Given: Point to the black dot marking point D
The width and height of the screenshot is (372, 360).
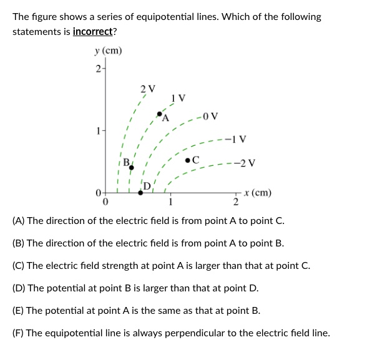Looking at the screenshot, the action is [140, 193].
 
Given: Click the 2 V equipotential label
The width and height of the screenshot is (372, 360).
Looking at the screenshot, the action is [147, 87].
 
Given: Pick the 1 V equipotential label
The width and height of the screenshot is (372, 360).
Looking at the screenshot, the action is [178, 98].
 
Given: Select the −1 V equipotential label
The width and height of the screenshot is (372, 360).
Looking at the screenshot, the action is [238, 139].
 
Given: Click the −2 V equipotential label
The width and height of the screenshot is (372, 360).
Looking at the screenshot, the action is [246, 164].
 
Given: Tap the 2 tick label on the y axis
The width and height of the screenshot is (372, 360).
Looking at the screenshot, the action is [97, 68].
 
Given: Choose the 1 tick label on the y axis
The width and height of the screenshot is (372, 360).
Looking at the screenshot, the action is [97, 131].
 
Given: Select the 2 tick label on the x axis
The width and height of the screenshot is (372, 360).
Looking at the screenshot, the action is [236, 202].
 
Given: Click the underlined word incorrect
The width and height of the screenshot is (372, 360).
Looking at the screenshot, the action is [94, 31].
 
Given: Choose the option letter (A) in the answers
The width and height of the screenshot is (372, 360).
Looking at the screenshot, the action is [19, 221].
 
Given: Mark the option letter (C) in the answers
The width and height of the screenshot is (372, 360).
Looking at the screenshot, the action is [19, 266].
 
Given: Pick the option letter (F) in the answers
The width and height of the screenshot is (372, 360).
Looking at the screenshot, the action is [19, 333].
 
